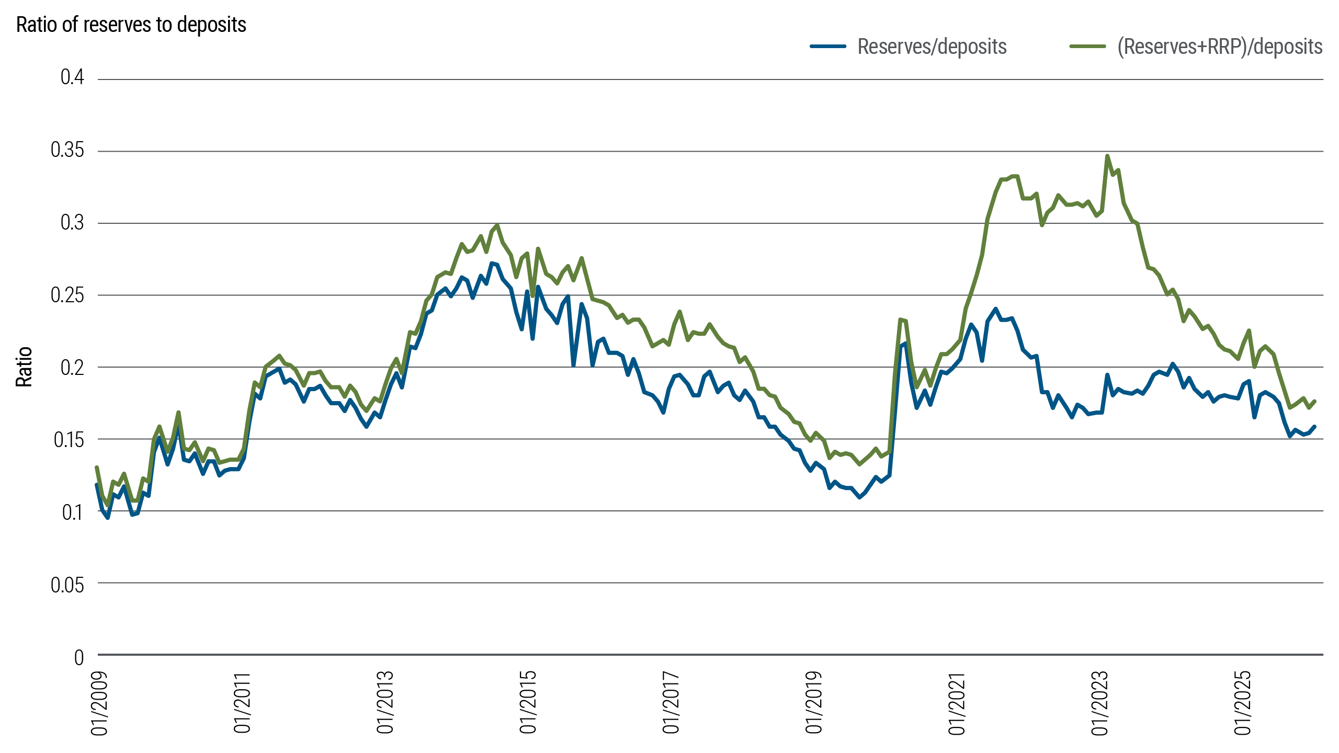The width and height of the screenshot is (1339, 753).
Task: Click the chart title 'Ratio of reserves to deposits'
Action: coord(131,25)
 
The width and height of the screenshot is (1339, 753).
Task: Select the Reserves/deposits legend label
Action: coord(932,47)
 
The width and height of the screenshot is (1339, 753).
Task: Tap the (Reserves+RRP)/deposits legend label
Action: coord(1220,47)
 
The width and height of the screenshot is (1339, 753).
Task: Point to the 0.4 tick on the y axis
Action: coord(72,78)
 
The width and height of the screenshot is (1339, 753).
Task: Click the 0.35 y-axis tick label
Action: coord(67,151)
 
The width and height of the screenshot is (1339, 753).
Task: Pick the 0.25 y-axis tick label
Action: coord(67,295)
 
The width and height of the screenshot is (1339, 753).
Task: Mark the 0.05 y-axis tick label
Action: coord(67,585)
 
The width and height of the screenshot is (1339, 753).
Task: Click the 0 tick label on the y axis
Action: coord(79,657)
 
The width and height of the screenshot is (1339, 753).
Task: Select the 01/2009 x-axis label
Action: coord(99,703)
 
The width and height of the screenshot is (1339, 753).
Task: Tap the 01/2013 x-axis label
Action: coord(385,703)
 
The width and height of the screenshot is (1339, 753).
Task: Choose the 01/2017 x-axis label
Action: coord(671,703)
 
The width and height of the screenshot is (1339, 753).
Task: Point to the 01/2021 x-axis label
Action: coord(957,703)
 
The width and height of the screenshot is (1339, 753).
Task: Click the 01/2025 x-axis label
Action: coord(1243,703)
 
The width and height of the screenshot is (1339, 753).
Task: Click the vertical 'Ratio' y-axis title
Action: coord(24,367)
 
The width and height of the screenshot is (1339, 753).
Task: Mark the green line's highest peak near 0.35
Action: coord(1107,156)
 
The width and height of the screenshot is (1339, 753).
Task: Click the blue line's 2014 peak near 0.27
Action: coord(492,263)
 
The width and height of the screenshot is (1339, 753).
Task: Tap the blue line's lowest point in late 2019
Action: coord(859,498)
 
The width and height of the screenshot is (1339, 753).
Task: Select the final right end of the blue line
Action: coord(1314,427)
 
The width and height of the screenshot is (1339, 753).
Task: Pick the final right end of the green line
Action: coord(1314,401)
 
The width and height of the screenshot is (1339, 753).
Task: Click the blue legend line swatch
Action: coord(828,47)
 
